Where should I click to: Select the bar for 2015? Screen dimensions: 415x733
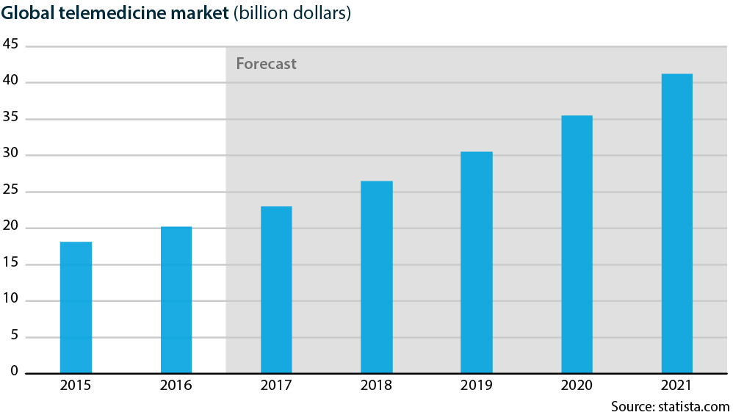(76, 307)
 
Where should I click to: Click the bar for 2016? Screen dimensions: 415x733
(176, 300)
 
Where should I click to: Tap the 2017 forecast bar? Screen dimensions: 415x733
(276, 289)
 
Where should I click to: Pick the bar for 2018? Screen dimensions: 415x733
(376, 277)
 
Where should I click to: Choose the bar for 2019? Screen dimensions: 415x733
(476, 262)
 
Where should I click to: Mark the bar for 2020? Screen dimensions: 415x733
(577, 244)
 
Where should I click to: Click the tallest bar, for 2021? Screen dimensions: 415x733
(676, 223)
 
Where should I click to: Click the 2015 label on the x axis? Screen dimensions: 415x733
(76, 386)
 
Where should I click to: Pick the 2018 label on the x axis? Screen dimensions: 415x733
(376, 386)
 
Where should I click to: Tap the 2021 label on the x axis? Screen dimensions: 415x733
(676, 386)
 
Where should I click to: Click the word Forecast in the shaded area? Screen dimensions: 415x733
(266, 64)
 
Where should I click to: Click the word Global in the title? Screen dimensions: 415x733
(28, 13)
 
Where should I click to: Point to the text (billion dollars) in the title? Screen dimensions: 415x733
(292, 14)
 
